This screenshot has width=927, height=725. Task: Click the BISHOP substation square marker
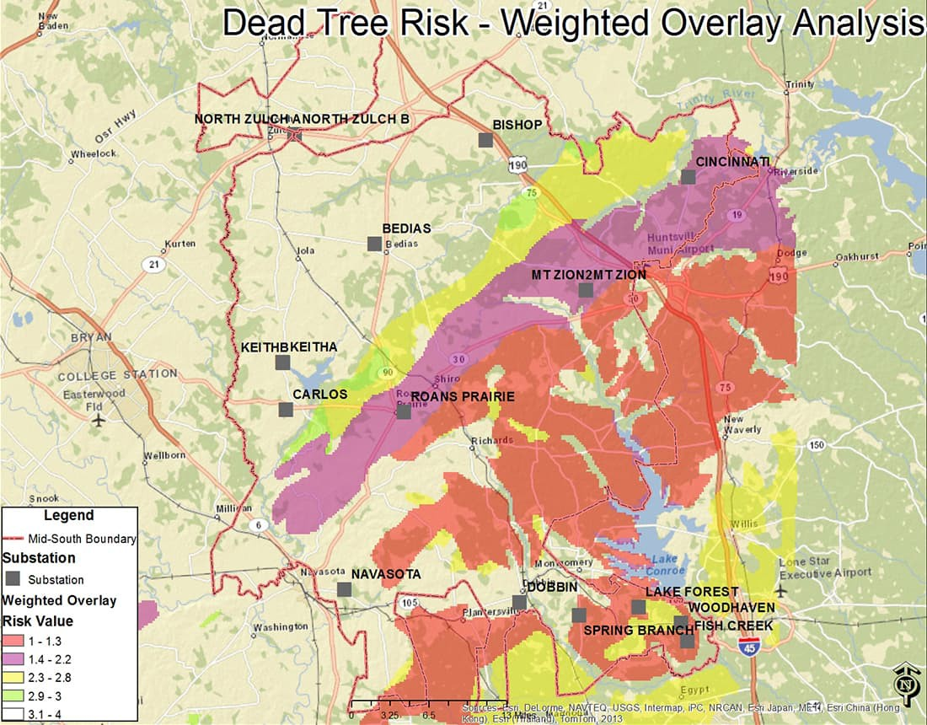tap(485, 140)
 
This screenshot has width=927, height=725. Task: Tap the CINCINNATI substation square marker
tap(689, 177)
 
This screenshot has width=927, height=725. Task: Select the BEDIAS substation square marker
tap(374, 244)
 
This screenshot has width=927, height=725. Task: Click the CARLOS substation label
tap(319, 394)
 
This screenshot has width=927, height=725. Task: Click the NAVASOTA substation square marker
tap(344, 589)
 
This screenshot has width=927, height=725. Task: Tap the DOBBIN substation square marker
tap(519, 602)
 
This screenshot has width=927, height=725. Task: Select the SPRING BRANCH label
tap(626, 630)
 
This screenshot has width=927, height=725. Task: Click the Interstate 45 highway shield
tap(747, 646)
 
